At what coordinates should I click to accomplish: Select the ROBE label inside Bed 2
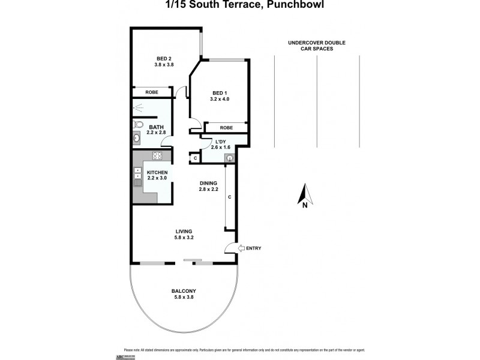pyautogui.click(x=152, y=92)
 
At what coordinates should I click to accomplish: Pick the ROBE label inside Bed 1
pyautogui.click(x=226, y=128)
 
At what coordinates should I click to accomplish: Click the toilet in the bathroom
pyautogui.click(x=137, y=125)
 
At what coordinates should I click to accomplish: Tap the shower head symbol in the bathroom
pyautogui.click(x=139, y=108)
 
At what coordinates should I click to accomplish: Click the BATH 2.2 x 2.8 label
pyautogui.click(x=157, y=130)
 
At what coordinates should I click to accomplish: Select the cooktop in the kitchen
pyautogui.click(x=159, y=157)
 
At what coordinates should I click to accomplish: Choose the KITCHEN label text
pyautogui.click(x=157, y=175)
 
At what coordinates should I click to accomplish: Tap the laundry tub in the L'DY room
pyautogui.click(x=229, y=158)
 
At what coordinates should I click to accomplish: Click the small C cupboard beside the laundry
pyautogui.click(x=194, y=158)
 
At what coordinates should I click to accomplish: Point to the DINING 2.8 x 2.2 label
pyautogui.click(x=208, y=186)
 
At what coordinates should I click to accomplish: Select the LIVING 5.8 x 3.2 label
pyautogui.click(x=184, y=234)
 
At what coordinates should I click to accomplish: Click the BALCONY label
pyautogui.click(x=184, y=294)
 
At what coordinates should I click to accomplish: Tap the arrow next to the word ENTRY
pyautogui.click(x=242, y=248)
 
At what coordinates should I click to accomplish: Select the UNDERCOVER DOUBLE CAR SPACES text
pyautogui.click(x=316, y=46)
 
